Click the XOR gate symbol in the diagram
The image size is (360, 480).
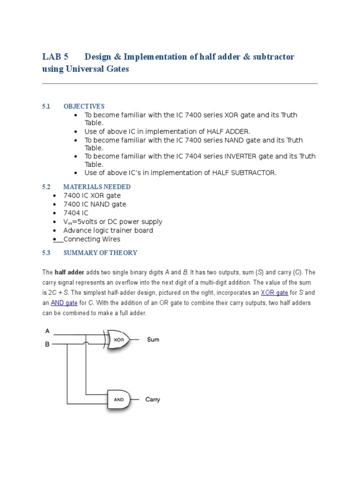click(120, 339)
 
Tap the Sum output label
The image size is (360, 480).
click(153, 339)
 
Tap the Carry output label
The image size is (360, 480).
click(152, 399)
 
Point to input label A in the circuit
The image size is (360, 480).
click(47, 330)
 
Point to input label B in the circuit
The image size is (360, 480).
click(47, 345)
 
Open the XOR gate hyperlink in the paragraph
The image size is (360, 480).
click(274, 292)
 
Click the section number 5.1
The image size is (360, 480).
click(46, 106)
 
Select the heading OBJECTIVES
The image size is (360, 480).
click(84, 106)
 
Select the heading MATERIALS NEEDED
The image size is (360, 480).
click(97, 187)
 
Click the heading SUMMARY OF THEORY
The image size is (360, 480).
click(100, 253)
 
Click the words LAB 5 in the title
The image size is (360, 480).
click(55, 57)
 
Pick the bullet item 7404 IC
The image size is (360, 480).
click(75, 213)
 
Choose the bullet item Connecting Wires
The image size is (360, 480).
click(92, 239)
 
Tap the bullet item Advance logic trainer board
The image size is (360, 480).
click(108, 230)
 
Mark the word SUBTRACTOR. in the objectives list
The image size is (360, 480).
click(253, 172)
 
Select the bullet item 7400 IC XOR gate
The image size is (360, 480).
click(92, 195)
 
